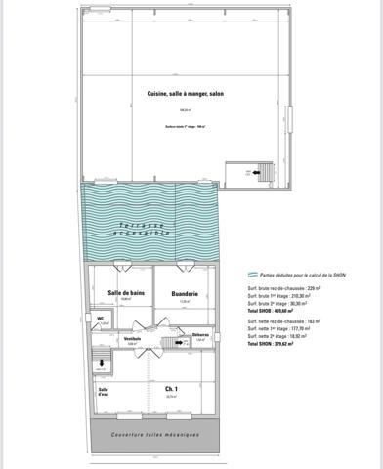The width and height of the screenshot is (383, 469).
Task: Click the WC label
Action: [101, 317]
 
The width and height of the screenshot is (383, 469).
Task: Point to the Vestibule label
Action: [133, 338]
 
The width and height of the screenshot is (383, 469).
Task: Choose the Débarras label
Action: [200, 334]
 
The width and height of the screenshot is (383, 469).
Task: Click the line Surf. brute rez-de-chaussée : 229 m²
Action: [287, 289]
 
